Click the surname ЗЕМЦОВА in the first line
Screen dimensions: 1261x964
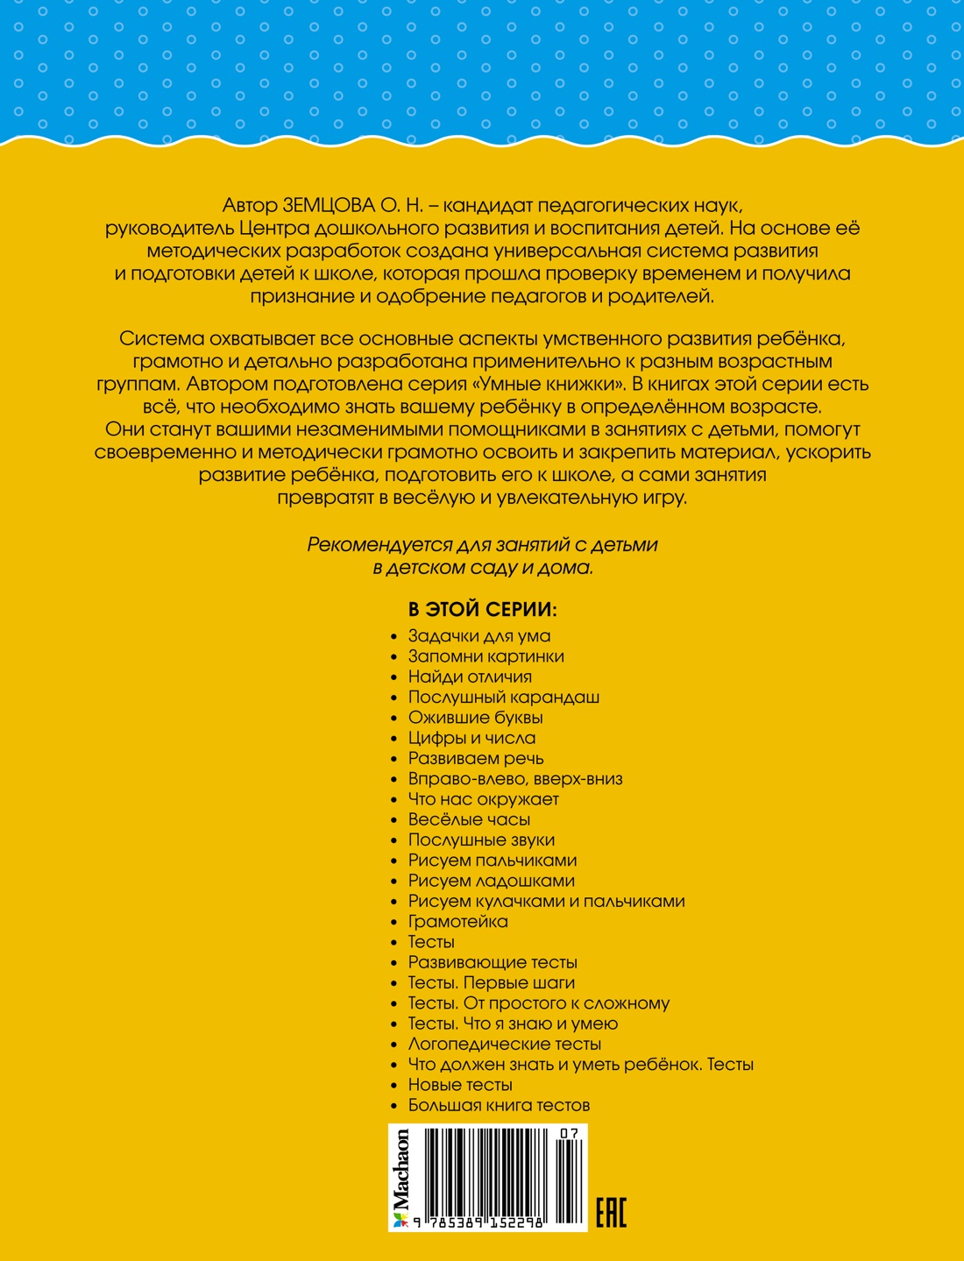(x=329, y=206)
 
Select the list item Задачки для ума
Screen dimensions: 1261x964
(x=478, y=636)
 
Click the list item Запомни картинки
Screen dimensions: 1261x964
(x=486, y=656)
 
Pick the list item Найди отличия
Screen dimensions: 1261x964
(x=470, y=677)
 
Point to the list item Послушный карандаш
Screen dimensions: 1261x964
(x=503, y=698)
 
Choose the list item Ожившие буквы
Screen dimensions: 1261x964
(x=475, y=718)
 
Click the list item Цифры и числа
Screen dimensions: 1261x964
(x=471, y=738)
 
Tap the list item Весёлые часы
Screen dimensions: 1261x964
(x=469, y=819)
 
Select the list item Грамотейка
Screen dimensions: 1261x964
(x=457, y=922)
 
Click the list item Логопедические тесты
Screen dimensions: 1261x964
(x=504, y=1044)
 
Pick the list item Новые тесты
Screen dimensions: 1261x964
(x=460, y=1085)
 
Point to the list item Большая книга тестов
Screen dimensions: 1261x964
(x=499, y=1105)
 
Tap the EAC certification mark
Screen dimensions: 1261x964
(x=611, y=1211)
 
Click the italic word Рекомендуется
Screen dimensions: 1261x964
(x=379, y=545)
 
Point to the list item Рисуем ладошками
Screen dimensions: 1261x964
(x=491, y=881)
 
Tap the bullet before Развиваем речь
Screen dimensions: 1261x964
(x=395, y=759)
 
